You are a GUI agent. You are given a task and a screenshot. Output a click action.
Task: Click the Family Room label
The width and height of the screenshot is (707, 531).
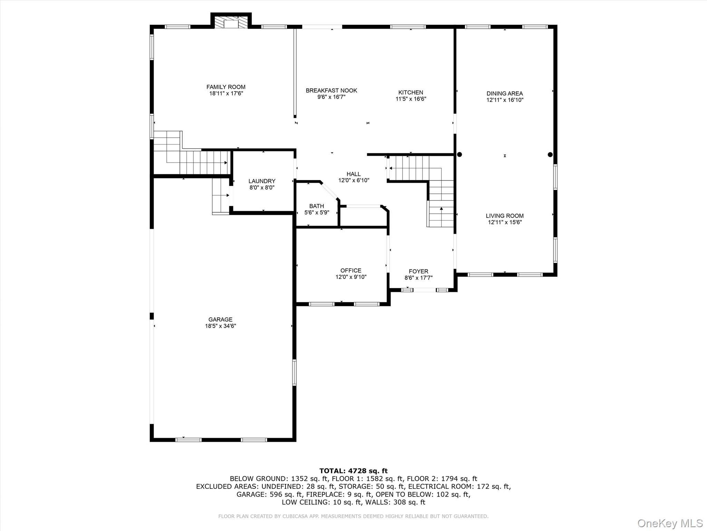226,87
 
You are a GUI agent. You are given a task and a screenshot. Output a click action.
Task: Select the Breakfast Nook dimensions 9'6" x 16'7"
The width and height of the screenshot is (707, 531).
331,97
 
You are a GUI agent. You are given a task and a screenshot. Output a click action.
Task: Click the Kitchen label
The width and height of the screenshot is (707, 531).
410,92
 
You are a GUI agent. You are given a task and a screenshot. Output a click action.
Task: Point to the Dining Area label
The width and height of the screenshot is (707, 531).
505,93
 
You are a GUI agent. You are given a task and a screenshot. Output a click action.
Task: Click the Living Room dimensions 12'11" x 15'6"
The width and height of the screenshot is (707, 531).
505,222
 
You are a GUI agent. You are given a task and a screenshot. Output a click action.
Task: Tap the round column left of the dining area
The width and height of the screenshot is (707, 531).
459,155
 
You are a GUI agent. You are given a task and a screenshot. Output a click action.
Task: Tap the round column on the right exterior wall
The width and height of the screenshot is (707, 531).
550,155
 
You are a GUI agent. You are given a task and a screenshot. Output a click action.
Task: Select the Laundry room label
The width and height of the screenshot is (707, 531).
262,181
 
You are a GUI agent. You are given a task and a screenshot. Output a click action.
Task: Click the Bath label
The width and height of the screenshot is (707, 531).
317,206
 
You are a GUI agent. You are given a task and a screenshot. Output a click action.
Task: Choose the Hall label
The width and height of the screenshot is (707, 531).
353,174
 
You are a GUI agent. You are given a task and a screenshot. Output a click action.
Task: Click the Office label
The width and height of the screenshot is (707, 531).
351,271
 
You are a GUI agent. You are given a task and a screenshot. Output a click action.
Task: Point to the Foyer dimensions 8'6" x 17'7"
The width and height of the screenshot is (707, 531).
418,278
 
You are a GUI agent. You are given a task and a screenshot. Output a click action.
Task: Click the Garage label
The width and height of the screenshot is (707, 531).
220,319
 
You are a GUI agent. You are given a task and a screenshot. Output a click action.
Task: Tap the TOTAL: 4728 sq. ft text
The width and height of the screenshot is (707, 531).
353,471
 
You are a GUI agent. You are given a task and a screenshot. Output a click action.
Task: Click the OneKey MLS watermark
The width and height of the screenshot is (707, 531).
670,523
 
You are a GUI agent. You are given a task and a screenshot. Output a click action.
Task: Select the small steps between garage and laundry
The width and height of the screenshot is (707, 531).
221,196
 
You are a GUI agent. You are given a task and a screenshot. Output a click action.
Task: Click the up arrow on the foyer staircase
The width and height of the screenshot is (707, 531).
441,208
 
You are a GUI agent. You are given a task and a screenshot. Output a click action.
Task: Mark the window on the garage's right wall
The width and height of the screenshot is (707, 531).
294,373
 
